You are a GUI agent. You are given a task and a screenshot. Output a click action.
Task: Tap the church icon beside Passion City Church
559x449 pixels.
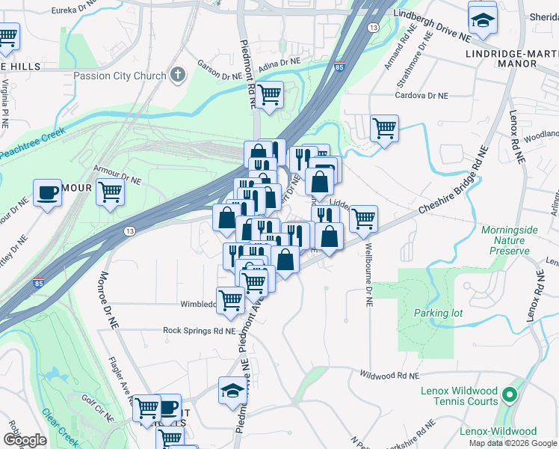(177, 75)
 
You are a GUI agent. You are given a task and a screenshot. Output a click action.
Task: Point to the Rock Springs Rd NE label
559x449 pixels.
(200, 330)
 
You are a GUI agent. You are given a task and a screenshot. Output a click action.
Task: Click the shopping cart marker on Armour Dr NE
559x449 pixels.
(110, 192)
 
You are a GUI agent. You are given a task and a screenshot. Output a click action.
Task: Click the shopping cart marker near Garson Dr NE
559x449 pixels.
(269, 95)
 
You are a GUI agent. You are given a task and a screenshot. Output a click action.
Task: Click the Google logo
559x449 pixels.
(25, 440)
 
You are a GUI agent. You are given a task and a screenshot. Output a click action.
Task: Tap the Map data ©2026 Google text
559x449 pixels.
(513, 443)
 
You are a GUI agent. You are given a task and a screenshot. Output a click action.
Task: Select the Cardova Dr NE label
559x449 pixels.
(422, 96)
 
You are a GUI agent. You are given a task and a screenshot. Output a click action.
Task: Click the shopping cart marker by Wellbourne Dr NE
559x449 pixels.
(363, 219)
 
